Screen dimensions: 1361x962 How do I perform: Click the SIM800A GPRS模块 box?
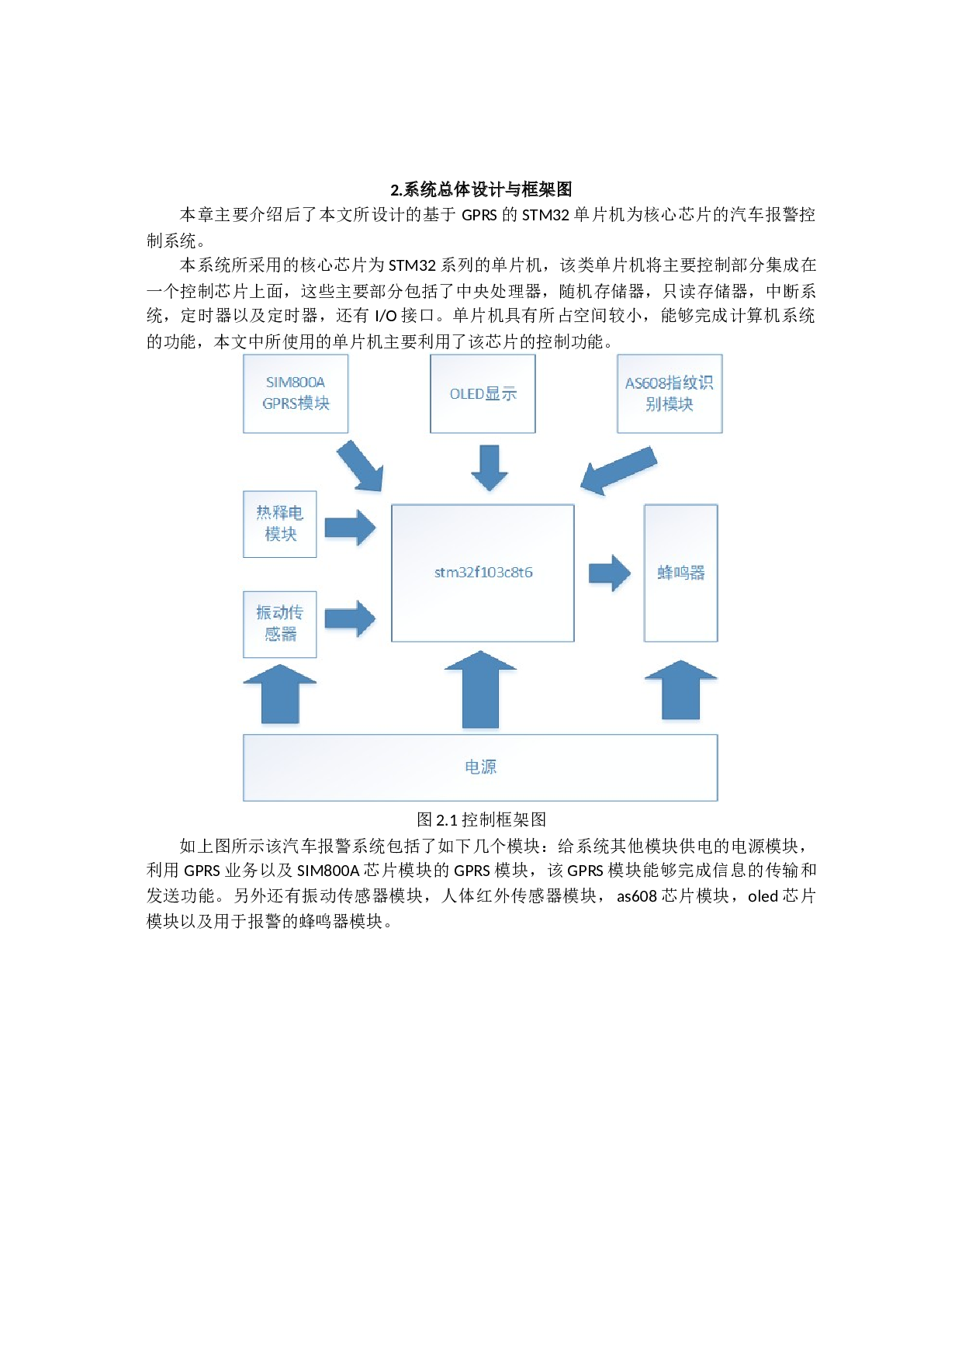click(x=296, y=393)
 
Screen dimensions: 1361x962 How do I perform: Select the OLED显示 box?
click(x=483, y=393)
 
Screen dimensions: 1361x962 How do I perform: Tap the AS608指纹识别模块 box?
click(x=670, y=393)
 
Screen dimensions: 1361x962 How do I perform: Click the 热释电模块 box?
click(x=280, y=524)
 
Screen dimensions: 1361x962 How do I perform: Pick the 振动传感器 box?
click(x=280, y=624)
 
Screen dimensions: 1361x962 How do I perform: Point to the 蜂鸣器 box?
click(x=680, y=573)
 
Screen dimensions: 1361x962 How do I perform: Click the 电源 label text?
click(x=480, y=767)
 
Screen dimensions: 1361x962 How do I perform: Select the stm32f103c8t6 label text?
click(x=483, y=573)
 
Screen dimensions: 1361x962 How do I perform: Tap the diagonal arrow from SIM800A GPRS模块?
click(x=360, y=466)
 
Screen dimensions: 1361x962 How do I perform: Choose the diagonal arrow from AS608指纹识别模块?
click(x=619, y=470)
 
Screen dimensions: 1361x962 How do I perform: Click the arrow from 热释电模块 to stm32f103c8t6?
click(x=350, y=528)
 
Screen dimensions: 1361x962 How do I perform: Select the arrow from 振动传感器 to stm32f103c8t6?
click(x=350, y=618)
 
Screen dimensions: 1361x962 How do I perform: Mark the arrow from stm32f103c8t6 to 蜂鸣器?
click(x=609, y=573)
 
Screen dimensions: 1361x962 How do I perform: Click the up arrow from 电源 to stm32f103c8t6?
click(x=480, y=690)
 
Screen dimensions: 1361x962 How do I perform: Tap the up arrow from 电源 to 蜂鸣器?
click(x=680, y=690)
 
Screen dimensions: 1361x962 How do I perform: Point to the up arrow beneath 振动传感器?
click(x=280, y=694)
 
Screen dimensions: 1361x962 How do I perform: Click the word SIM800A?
click(x=296, y=383)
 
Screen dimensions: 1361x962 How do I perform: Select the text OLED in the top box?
click(x=466, y=394)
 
